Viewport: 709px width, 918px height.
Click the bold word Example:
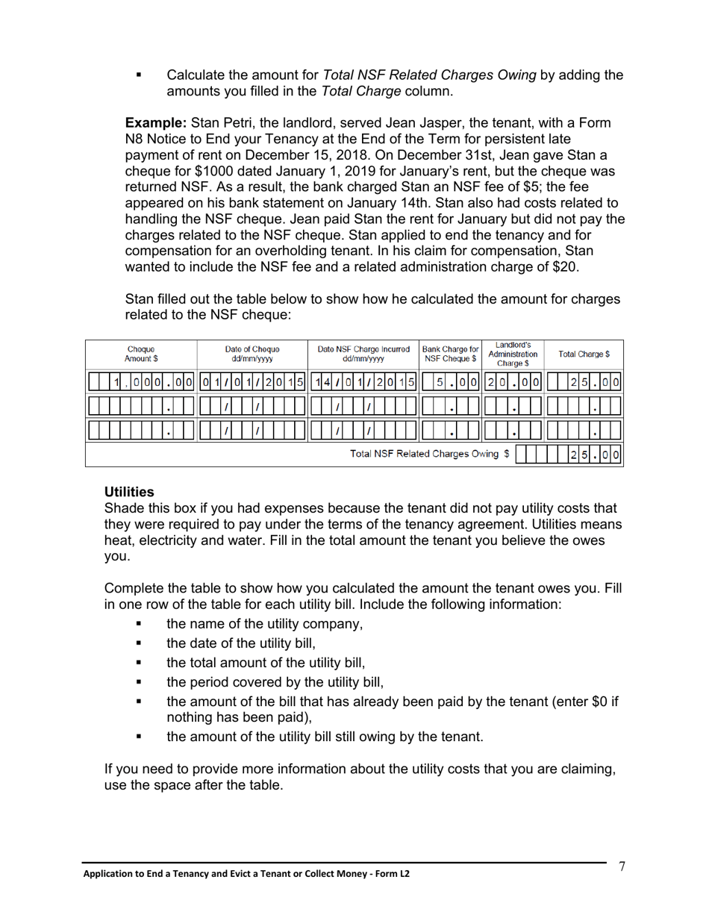coord(155,122)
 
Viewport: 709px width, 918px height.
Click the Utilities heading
coord(129,492)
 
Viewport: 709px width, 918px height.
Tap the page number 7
coord(622,867)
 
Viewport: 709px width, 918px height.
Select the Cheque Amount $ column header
coord(141,354)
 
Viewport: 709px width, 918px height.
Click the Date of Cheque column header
coord(252,354)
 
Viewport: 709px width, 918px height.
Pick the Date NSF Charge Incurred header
coord(363,354)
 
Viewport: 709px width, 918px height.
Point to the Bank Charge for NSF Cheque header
coord(450,354)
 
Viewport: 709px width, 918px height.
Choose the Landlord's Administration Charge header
coord(513,354)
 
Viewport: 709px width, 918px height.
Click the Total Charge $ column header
coord(584,354)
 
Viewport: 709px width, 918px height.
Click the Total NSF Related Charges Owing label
coord(430,454)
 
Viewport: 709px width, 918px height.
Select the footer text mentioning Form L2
coord(246,874)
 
